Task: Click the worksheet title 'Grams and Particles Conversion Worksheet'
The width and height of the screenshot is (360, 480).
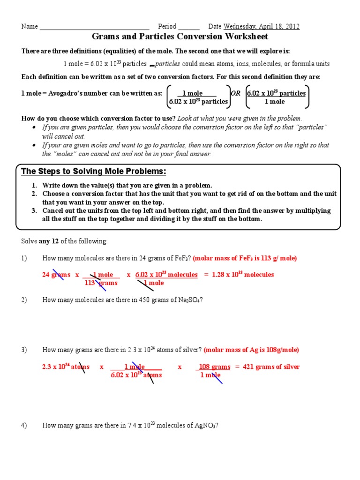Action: tap(180, 37)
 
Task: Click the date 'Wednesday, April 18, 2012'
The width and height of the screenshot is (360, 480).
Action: tap(262, 26)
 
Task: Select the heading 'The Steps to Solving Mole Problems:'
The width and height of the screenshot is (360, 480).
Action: tap(94, 171)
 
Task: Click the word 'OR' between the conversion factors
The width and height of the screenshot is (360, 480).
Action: tap(236, 93)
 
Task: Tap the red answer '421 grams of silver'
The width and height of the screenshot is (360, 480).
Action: tap(270, 367)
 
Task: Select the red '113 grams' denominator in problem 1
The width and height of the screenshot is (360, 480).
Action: tap(101, 283)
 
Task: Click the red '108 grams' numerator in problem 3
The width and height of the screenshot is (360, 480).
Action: tap(214, 367)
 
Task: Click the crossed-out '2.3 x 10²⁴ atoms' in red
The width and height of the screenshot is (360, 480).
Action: tap(66, 367)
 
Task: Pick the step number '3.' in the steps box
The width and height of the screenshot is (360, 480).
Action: tap(35, 210)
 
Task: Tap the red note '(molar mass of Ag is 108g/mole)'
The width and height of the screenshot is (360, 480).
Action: tap(251, 350)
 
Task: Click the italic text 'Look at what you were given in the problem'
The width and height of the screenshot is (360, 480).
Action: tap(240, 118)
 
